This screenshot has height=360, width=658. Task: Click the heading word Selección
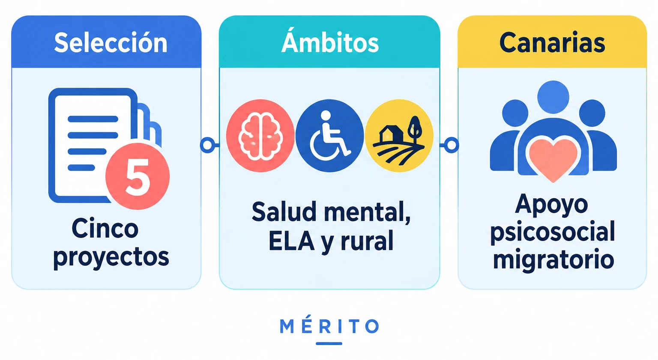tap(111, 43)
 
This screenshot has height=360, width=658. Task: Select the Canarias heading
tap(552, 43)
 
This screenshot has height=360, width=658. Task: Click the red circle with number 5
tap(138, 176)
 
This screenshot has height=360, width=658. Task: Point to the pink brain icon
tap(260, 136)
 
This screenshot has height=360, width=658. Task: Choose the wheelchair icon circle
tap(329, 136)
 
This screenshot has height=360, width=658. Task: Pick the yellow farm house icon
tap(399, 136)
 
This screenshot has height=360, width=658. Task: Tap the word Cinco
tap(105, 229)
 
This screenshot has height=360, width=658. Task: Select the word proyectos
tap(111, 258)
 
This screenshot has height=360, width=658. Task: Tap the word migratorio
tap(553, 260)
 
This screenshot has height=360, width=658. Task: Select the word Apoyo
tap(551, 205)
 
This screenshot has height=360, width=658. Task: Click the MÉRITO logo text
tap(329, 326)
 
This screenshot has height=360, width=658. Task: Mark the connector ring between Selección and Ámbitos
tap(208, 145)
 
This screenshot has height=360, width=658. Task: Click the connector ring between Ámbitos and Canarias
tap(452, 145)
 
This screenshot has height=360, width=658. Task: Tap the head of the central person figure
tap(553, 97)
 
